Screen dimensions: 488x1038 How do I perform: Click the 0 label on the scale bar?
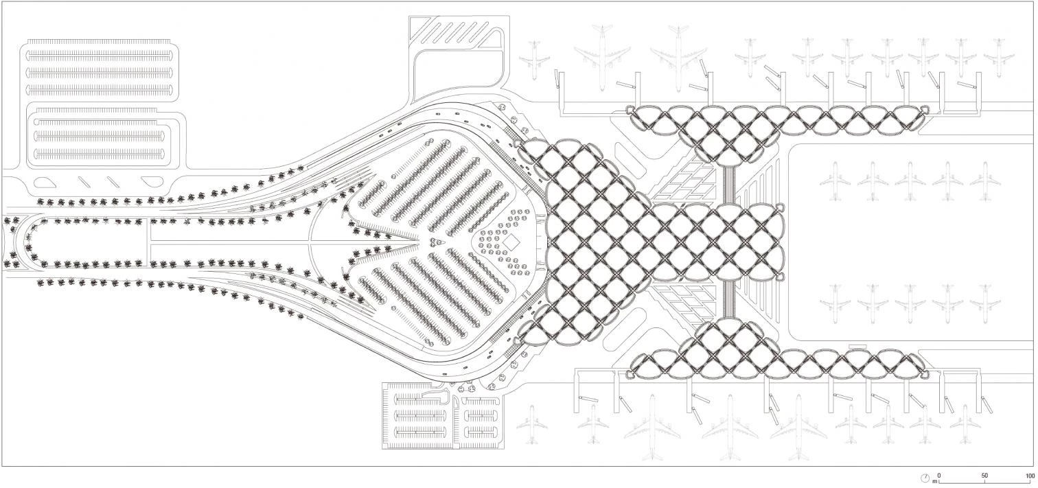(939, 475)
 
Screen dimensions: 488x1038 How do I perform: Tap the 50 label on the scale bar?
(984, 475)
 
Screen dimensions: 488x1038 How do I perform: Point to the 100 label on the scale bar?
(1030, 475)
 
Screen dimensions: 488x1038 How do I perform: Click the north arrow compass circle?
(925, 478)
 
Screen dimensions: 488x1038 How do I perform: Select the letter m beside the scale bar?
(934, 481)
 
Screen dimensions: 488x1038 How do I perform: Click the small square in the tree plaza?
(511, 242)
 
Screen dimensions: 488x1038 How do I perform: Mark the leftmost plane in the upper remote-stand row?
(835, 181)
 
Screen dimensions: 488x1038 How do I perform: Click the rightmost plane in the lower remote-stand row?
(985, 302)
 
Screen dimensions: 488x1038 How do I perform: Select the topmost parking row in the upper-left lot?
(100, 54)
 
